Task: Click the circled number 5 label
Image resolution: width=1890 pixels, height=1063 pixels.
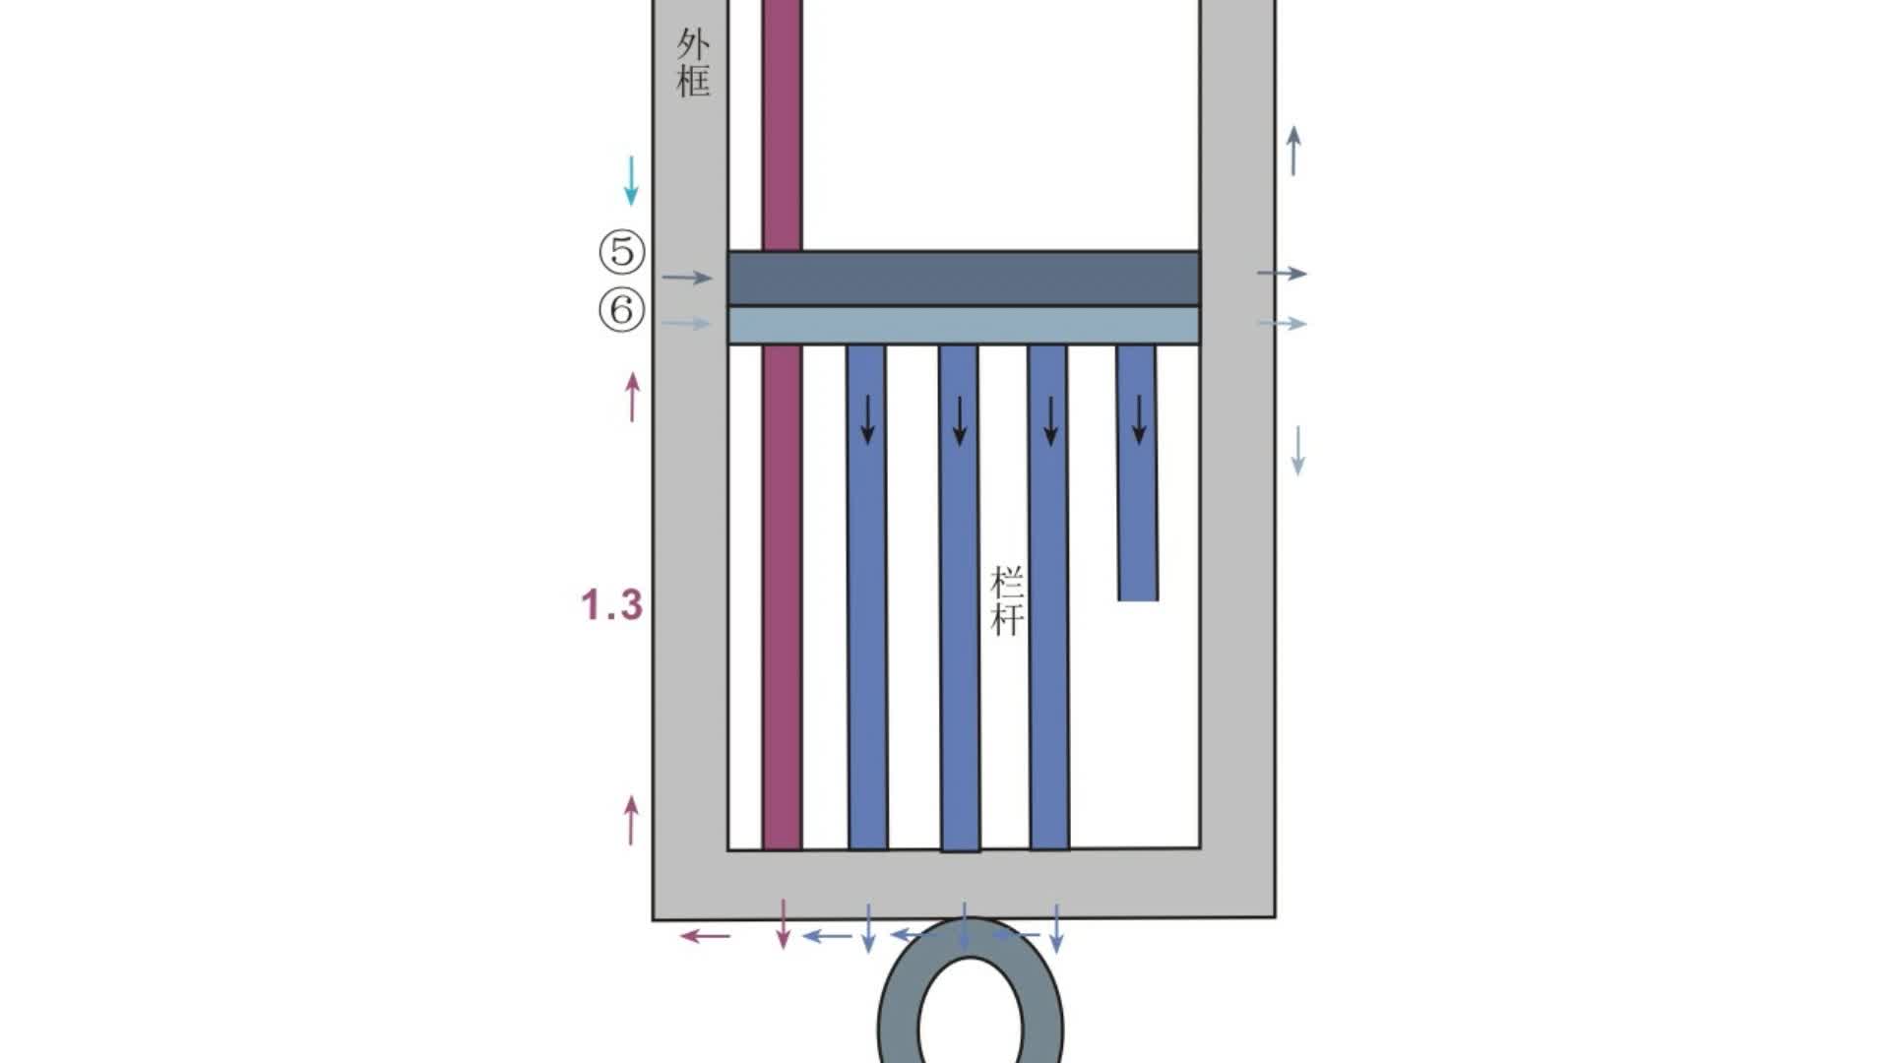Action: pos(622,252)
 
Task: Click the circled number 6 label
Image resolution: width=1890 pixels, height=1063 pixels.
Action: pos(622,310)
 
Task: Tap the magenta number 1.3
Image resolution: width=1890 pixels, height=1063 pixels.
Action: pos(611,604)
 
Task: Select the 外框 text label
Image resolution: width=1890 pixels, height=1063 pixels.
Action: pos(693,62)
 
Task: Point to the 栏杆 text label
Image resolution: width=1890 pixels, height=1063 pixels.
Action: pos(1007,600)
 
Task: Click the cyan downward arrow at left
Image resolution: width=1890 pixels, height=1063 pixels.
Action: pos(631,180)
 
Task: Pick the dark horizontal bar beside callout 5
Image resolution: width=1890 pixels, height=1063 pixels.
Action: pos(964,279)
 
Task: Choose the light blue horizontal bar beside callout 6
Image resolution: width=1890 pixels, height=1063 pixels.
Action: pos(964,326)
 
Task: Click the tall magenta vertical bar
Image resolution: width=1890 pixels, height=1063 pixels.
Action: pos(783,424)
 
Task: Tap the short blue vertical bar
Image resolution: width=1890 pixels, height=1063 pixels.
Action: pos(1137,472)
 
